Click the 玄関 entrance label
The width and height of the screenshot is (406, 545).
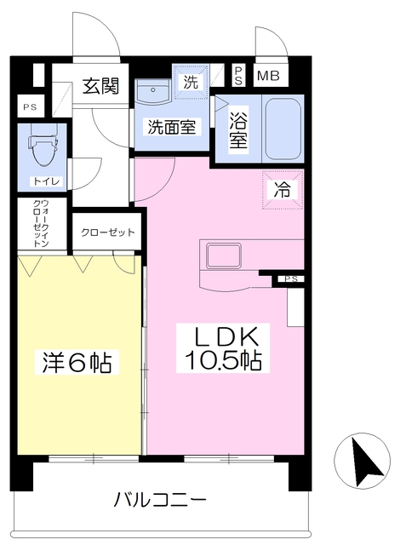(100, 86)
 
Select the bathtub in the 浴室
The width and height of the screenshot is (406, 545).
(283, 129)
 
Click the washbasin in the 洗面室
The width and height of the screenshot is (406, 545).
(153, 91)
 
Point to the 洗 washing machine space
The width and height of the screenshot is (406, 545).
(191, 82)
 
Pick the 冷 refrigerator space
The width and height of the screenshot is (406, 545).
(283, 189)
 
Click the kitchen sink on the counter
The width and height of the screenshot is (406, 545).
(224, 255)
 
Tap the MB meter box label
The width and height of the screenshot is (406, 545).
(268, 76)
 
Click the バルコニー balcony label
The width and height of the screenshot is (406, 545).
(161, 501)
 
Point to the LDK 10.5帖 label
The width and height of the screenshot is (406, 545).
(223, 348)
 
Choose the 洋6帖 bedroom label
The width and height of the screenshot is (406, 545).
(77, 362)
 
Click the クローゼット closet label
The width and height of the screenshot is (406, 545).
(107, 232)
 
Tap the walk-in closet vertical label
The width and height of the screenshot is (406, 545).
(41, 223)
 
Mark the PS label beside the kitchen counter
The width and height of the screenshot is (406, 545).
(291, 279)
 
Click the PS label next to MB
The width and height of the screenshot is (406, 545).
(238, 76)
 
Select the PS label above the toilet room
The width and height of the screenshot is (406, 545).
(30, 107)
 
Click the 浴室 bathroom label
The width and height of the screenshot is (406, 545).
(238, 129)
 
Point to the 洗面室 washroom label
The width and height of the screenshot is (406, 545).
(172, 127)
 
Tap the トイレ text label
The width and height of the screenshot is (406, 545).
(47, 181)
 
